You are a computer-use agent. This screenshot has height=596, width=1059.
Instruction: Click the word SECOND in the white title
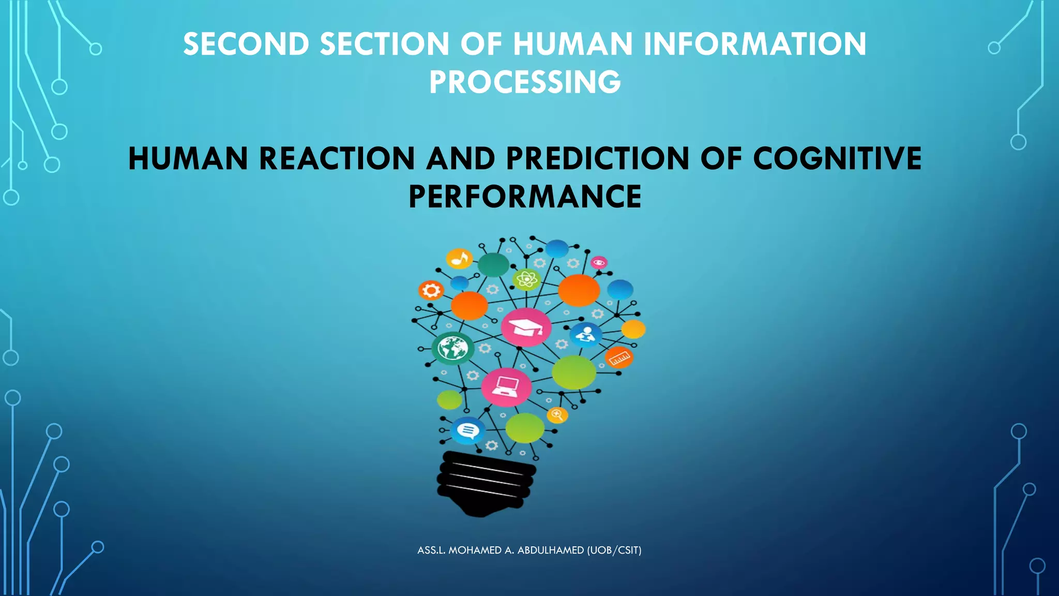246,44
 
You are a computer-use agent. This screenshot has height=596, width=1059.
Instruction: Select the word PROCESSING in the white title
525,82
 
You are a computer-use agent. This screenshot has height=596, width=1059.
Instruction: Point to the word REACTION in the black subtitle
337,158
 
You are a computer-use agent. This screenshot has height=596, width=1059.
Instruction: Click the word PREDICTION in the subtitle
597,158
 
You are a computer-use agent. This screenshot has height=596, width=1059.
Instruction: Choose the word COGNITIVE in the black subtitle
837,158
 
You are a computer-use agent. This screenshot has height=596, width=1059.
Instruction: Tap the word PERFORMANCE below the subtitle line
525,197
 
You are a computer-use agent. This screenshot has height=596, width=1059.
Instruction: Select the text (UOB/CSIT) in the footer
614,550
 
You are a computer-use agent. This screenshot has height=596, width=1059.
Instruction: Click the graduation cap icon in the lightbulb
526,327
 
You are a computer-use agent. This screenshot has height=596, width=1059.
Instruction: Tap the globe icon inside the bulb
453,348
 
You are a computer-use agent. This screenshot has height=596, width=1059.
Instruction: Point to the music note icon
459,258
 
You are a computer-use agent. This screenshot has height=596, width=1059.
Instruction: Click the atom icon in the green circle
526,280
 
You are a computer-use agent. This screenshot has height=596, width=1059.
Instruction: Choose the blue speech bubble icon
468,430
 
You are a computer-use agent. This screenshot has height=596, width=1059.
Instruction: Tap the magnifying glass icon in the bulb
557,414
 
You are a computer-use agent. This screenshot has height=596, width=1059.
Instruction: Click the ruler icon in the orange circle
619,357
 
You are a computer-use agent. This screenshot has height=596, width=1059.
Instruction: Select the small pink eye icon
599,262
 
